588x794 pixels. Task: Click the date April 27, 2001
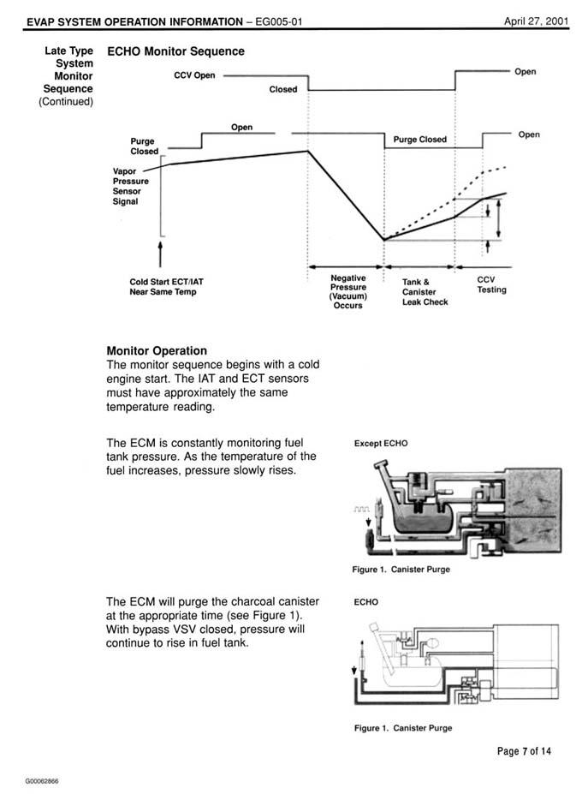[x=536, y=21]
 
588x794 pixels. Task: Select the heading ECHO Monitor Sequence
[x=175, y=51]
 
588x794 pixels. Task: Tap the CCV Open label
[x=194, y=75]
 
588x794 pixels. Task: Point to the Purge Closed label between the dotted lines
[x=420, y=140]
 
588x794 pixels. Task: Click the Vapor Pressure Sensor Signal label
[x=131, y=186]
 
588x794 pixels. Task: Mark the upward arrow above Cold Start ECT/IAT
[x=160, y=254]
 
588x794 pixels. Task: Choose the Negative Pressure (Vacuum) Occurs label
[x=348, y=292]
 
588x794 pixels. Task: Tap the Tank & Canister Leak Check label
[x=425, y=292]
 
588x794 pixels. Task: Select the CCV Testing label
[x=492, y=284]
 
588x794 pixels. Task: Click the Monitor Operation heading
[x=157, y=351]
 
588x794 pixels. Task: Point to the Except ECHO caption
[x=381, y=443]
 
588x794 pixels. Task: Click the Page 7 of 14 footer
[x=525, y=751]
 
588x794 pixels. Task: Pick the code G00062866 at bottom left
[x=42, y=781]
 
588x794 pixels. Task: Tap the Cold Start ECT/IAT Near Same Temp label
[x=167, y=287]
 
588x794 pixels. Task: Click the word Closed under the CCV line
[x=283, y=89]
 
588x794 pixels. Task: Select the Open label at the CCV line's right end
[x=526, y=71]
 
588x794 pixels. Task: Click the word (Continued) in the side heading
[x=66, y=101]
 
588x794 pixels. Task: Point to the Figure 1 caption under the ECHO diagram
[x=403, y=728]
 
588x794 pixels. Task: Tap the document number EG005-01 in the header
[x=279, y=21]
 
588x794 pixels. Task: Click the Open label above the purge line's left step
[x=242, y=127]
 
